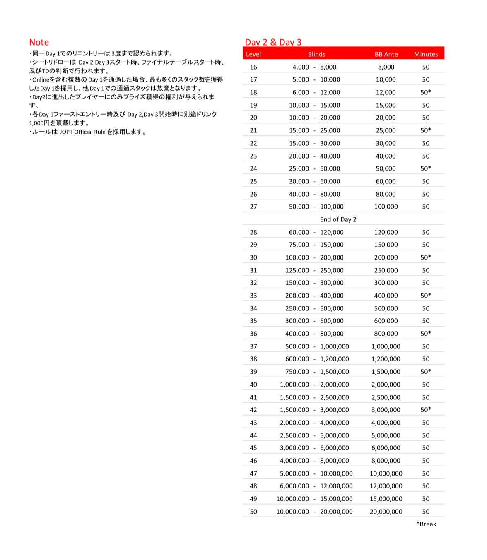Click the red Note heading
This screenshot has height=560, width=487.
tap(39, 42)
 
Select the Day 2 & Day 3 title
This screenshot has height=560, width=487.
tap(273, 42)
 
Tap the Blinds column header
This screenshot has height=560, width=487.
tap(316, 54)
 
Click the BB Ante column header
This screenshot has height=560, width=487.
tap(386, 54)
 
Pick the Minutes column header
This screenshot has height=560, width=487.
tap(426, 54)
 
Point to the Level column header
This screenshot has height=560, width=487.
tap(253, 54)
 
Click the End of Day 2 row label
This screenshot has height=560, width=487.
tap(338, 219)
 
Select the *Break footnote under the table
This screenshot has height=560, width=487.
tap(426, 524)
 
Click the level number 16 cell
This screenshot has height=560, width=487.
tap(253, 67)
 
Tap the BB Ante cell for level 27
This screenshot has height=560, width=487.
tap(386, 207)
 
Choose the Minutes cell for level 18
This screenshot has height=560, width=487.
tap(426, 92)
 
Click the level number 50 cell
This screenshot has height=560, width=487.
tap(253, 512)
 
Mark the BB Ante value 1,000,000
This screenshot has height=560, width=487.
tap(386, 346)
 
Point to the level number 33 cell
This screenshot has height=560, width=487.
tap(253, 296)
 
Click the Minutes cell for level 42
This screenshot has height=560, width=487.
tap(426, 410)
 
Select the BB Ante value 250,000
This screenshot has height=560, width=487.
tap(386, 270)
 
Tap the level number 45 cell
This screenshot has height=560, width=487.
tap(253, 448)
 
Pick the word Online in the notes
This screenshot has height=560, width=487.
tap(41, 79)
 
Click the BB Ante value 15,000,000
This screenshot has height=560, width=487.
tap(386, 499)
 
